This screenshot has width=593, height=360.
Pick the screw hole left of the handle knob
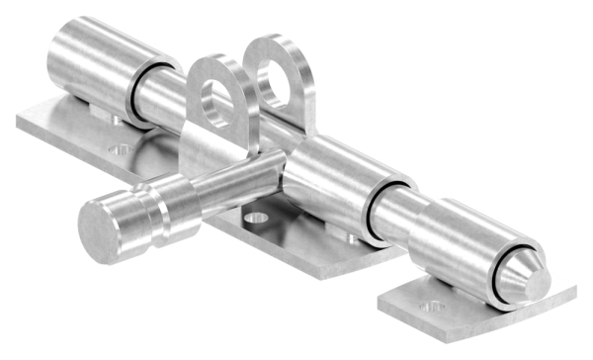121,151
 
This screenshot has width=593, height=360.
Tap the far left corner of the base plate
20,123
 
